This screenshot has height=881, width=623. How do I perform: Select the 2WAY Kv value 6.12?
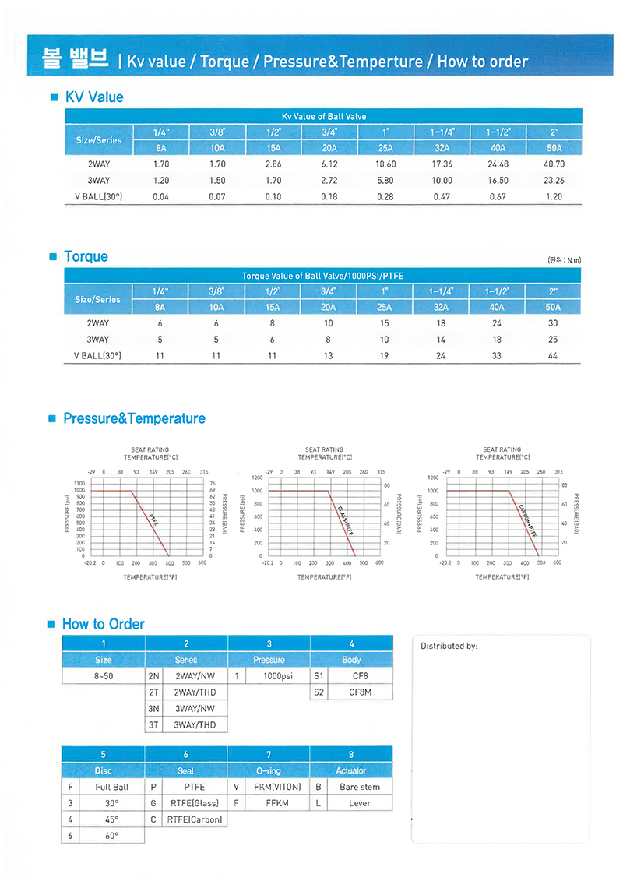click(329, 164)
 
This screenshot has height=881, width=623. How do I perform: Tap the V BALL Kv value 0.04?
click(160, 196)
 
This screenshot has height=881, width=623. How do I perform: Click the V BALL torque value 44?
click(554, 355)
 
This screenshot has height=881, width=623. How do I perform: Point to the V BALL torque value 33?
click(498, 355)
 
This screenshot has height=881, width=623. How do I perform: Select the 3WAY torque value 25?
click(554, 339)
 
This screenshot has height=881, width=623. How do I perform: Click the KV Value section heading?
click(94, 97)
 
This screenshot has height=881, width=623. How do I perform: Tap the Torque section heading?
click(86, 256)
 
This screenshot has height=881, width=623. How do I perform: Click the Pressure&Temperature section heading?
click(134, 418)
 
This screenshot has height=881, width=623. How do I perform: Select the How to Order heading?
click(103, 624)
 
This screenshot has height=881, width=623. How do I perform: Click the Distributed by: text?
click(449, 647)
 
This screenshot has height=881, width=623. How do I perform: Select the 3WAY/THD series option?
click(195, 724)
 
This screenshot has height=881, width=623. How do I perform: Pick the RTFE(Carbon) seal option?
click(195, 819)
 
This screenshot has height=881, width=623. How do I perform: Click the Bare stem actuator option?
click(360, 787)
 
